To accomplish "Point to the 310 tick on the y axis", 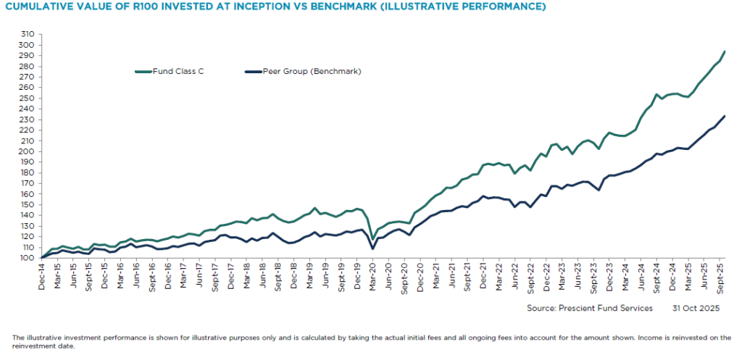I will (x=28, y=34).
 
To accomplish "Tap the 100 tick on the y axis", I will (x=28, y=257).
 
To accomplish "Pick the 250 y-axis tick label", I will (x=28, y=98).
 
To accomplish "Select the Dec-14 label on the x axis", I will (x=43, y=275).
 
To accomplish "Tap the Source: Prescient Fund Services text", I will (x=590, y=308).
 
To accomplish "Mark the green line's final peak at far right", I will (x=725, y=51).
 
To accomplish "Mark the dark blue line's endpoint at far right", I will (x=725, y=116).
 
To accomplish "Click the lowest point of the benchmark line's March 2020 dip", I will (x=372, y=248).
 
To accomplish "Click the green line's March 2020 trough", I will (x=372, y=238).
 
